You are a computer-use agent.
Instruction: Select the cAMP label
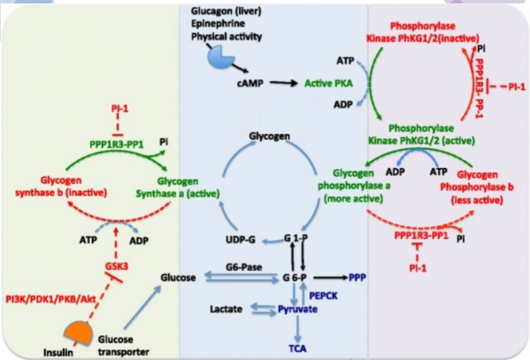pos(250,84)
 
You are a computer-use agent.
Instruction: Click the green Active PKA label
pos(329,84)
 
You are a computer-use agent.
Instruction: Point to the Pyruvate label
pos(297,309)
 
